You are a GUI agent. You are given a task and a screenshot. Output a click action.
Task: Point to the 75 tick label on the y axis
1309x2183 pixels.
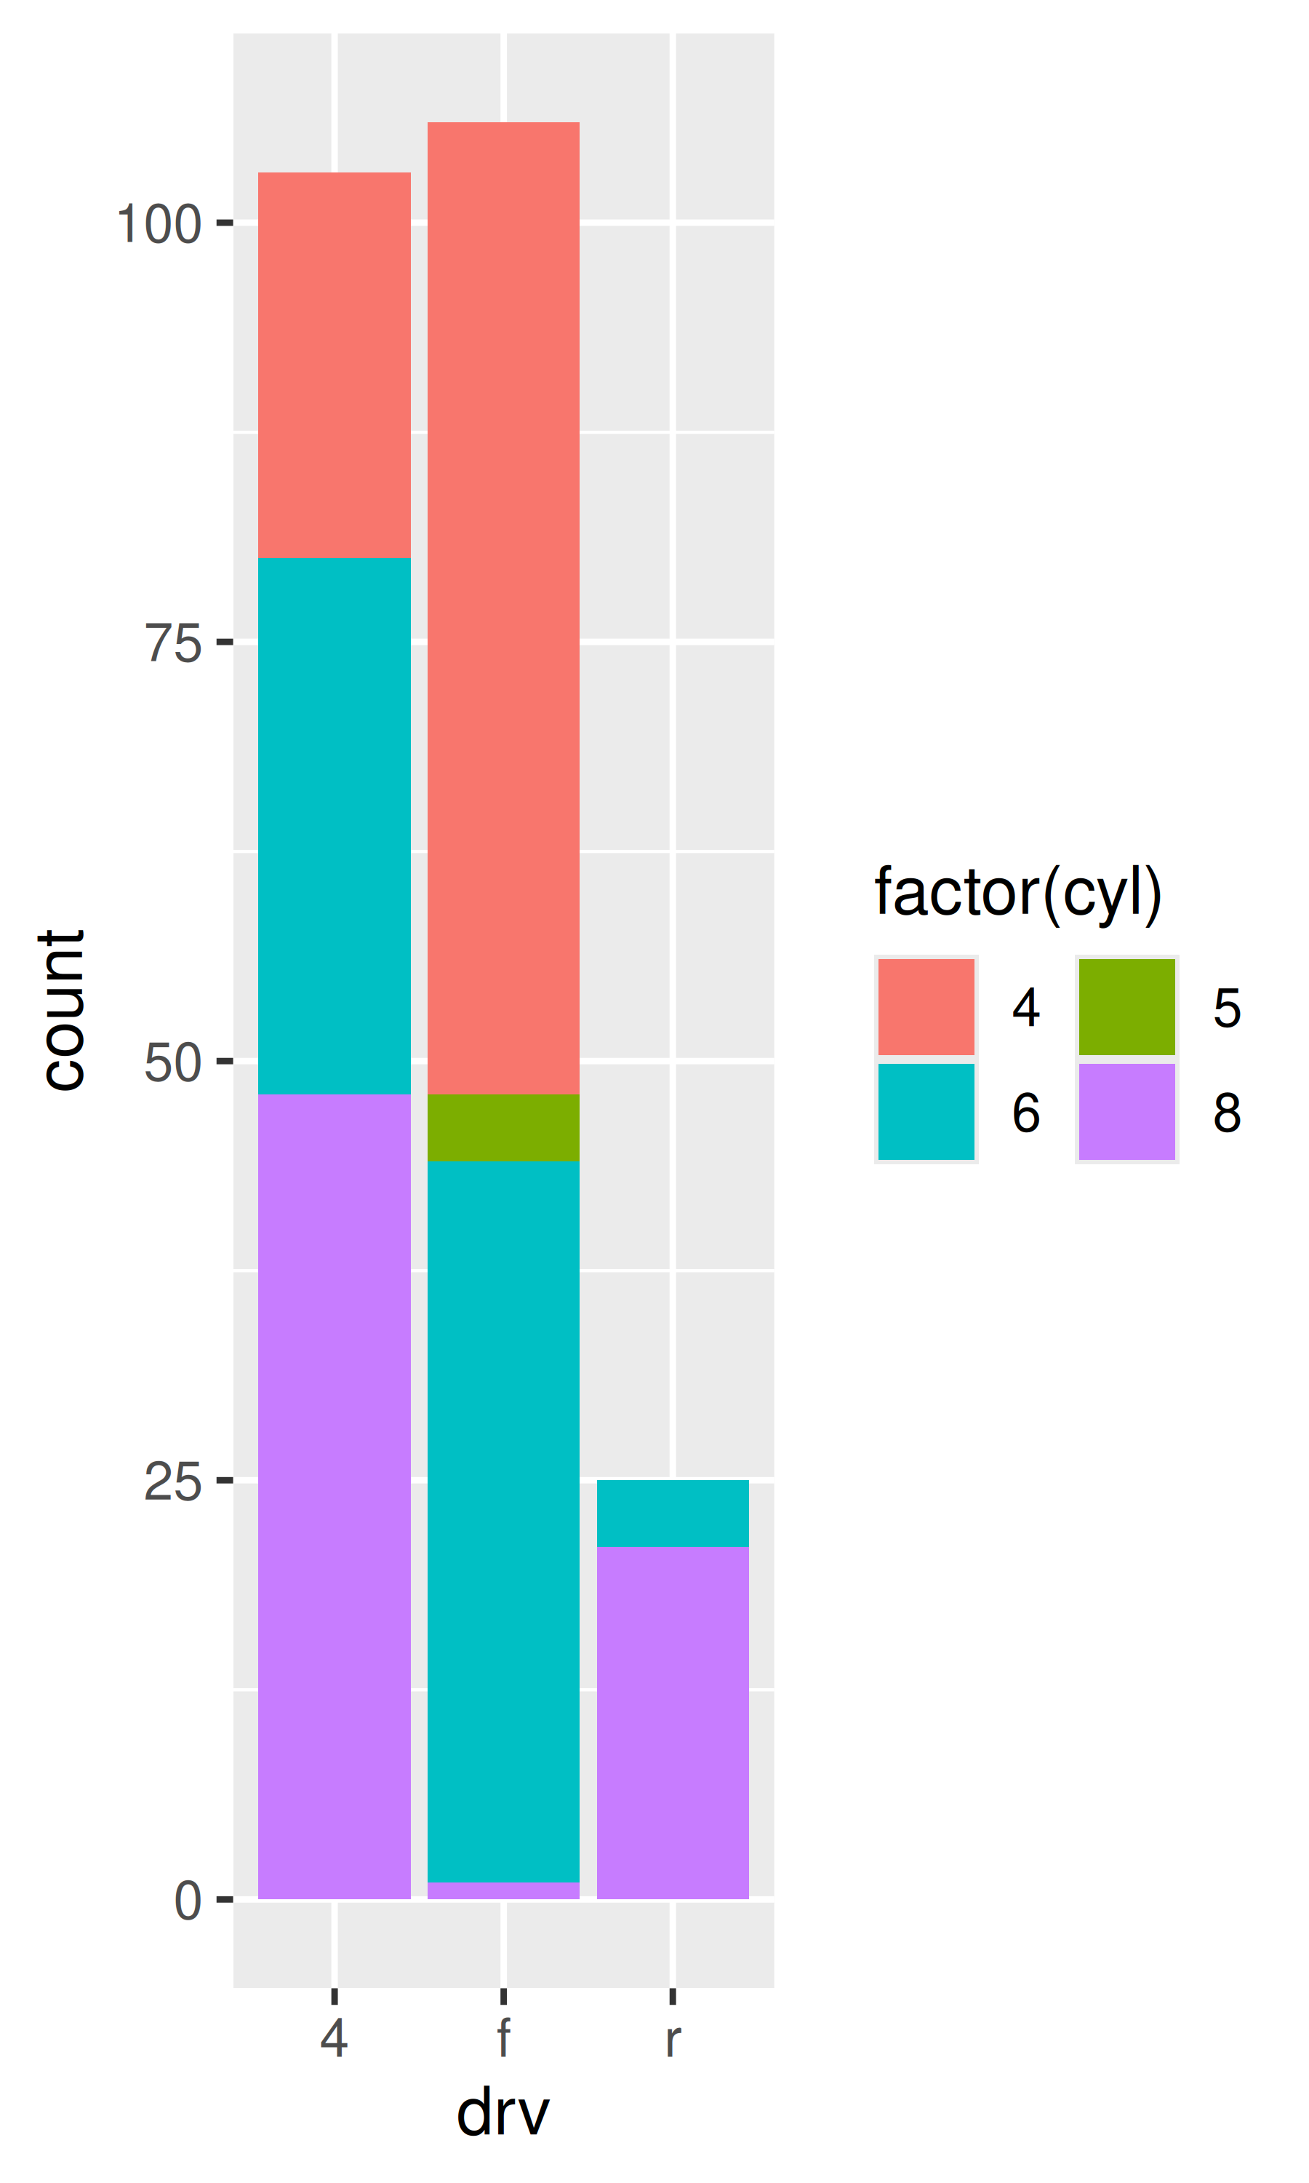click(173, 643)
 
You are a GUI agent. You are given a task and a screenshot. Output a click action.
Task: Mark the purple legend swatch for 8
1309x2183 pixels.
click(1126, 1111)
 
